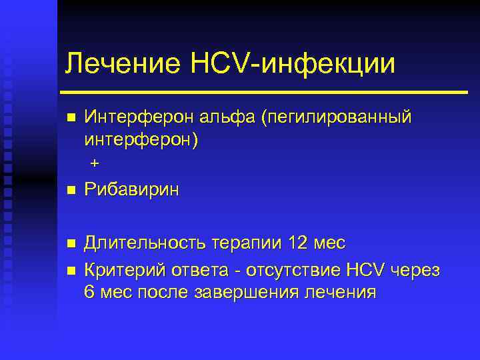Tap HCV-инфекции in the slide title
[x=293, y=64]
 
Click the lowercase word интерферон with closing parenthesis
[x=141, y=141]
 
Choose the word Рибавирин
[x=132, y=190]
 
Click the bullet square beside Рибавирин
[x=71, y=191]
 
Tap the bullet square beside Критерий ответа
[x=71, y=271]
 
